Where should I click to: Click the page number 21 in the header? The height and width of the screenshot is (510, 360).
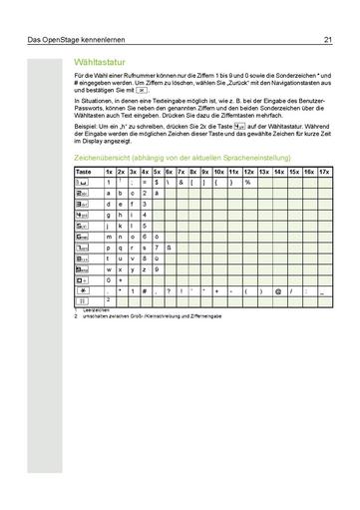click(327, 41)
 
